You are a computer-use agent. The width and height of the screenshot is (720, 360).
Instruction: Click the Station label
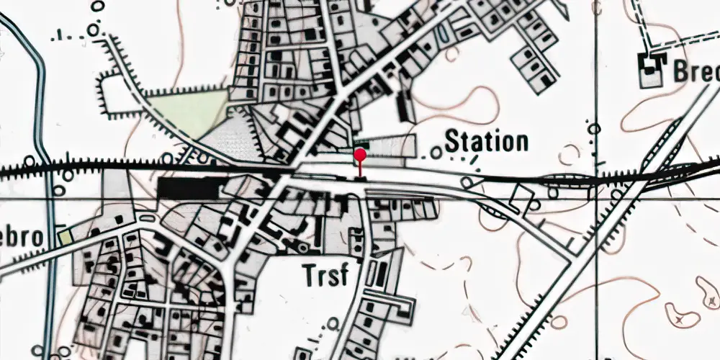click(486, 141)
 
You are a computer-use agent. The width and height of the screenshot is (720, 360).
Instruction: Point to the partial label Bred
click(696, 71)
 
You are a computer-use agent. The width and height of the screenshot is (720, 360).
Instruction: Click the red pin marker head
click(360, 154)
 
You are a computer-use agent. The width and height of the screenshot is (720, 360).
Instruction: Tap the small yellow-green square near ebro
click(66, 235)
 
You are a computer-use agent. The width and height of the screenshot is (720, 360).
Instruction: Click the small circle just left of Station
click(436, 152)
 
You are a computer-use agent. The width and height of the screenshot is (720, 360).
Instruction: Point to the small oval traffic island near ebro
click(148, 218)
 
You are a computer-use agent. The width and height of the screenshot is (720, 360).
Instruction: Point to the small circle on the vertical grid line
click(594, 129)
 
